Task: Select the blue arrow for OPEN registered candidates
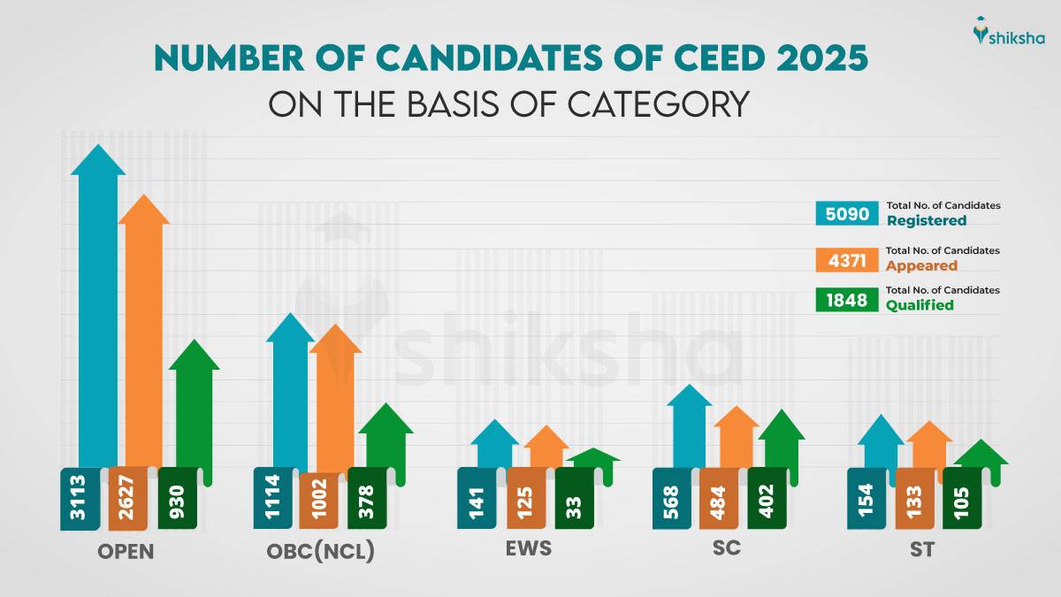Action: [98, 301]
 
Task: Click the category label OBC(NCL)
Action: [320, 552]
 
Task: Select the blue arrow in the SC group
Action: [690, 425]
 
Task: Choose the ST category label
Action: [923, 549]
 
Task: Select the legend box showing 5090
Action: [846, 213]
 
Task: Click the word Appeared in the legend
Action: [921, 265]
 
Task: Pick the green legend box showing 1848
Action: [846, 300]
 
